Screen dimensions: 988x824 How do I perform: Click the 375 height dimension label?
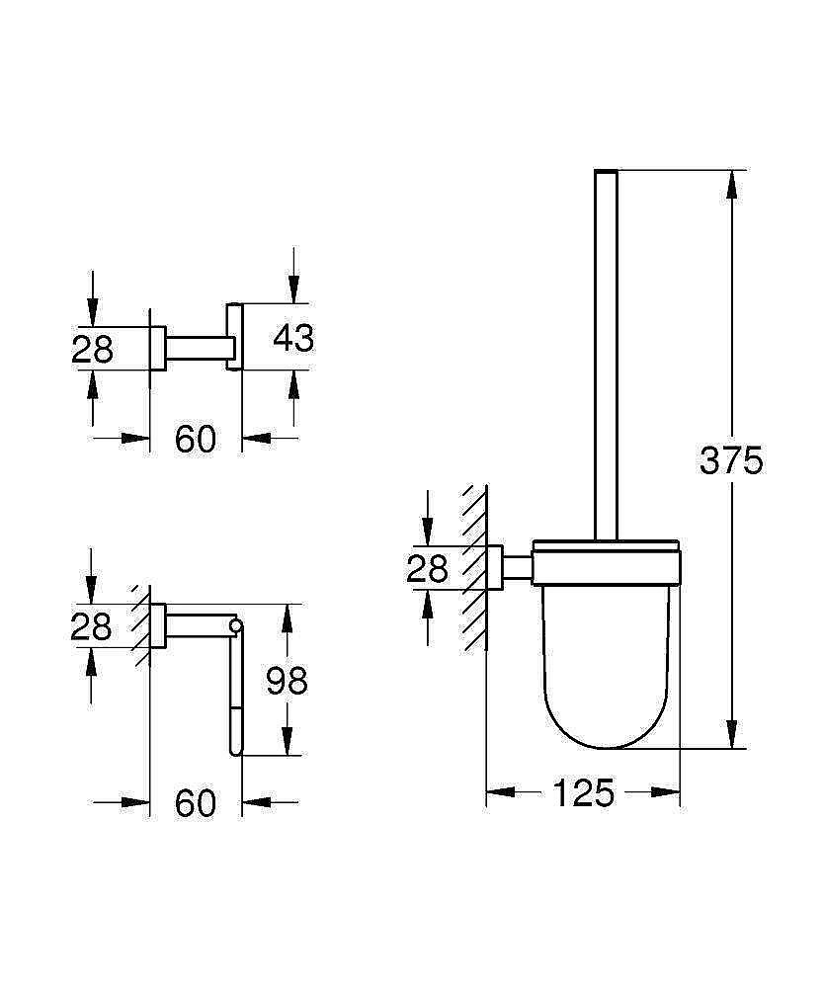(x=731, y=460)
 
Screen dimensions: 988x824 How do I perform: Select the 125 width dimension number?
(x=583, y=792)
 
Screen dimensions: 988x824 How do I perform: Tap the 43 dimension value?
(x=293, y=338)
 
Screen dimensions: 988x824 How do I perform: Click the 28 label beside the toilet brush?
(x=427, y=568)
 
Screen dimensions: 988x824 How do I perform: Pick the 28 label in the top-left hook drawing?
(x=93, y=349)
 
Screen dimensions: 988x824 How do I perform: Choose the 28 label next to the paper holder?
(x=92, y=626)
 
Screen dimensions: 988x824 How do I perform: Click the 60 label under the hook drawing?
(x=196, y=440)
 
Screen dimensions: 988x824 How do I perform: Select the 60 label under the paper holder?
(x=196, y=804)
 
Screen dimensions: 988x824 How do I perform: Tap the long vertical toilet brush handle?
(x=605, y=356)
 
